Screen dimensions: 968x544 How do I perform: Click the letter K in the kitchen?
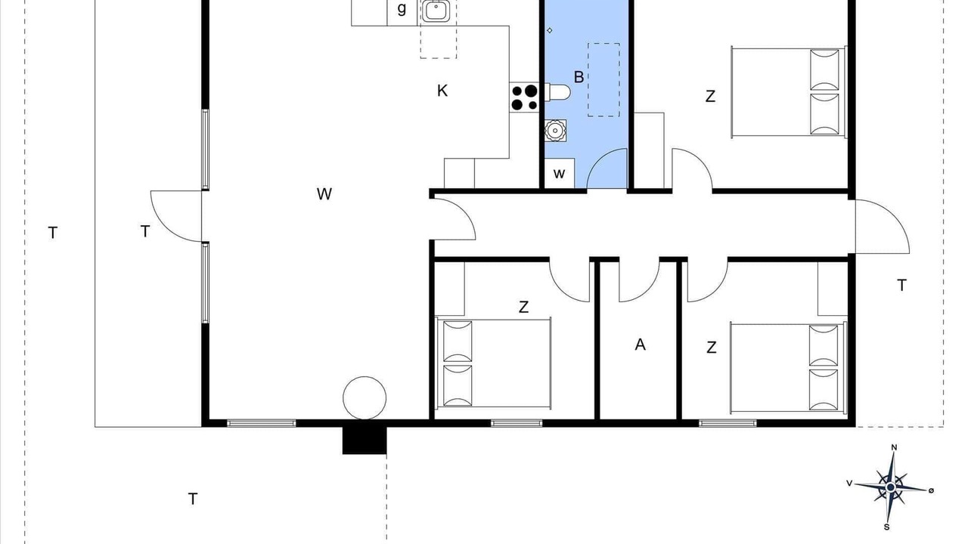(x=442, y=91)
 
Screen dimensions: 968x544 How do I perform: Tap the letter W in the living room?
(x=324, y=194)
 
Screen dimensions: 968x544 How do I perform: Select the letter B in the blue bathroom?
(x=579, y=77)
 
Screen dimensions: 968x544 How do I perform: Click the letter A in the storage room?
(x=640, y=345)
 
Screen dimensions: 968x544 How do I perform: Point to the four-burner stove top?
(x=525, y=97)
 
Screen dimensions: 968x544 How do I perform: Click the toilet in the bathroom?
(x=557, y=92)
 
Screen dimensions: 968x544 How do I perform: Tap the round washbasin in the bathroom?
(x=555, y=131)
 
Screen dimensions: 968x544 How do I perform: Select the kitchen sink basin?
(x=435, y=11)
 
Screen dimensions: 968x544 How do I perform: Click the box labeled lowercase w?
(x=559, y=174)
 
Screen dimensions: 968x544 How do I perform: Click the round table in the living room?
(x=365, y=397)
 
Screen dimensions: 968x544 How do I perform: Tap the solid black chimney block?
(x=365, y=440)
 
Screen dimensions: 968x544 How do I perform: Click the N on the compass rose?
(x=894, y=447)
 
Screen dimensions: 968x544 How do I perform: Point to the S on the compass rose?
(x=887, y=527)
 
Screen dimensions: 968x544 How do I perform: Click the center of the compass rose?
(x=890, y=487)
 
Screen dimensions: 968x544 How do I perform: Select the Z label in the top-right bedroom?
(x=710, y=96)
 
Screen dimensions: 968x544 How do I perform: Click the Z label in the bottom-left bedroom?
(x=523, y=307)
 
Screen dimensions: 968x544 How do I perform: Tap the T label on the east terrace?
(x=901, y=286)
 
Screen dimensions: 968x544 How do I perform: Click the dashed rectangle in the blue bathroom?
(x=603, y=80)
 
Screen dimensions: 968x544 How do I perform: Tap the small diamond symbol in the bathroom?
(x=550, y=30)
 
